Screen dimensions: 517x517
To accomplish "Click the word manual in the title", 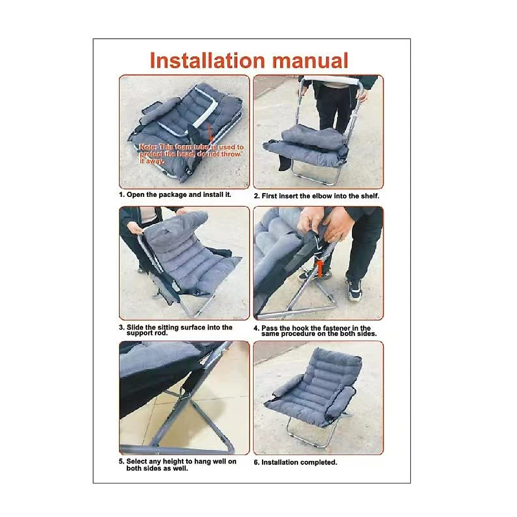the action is [310, 60].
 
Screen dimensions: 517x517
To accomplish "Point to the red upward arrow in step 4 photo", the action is [319, 269].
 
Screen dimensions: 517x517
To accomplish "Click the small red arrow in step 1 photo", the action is [210, 133].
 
